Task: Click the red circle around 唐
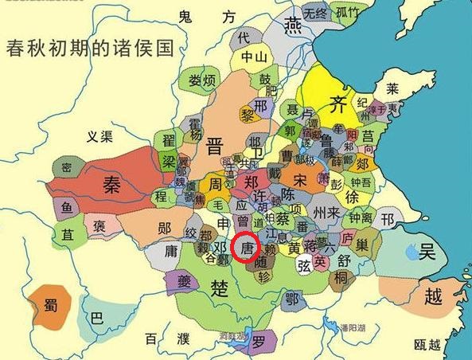(247, 249)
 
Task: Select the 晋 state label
(215, 146)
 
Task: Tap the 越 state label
(434, 297)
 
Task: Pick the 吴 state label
(428, 252)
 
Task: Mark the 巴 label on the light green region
(97, 317)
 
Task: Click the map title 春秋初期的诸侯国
(90, 48)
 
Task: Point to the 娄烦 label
(203, 80)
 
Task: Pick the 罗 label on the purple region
(259, 343)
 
